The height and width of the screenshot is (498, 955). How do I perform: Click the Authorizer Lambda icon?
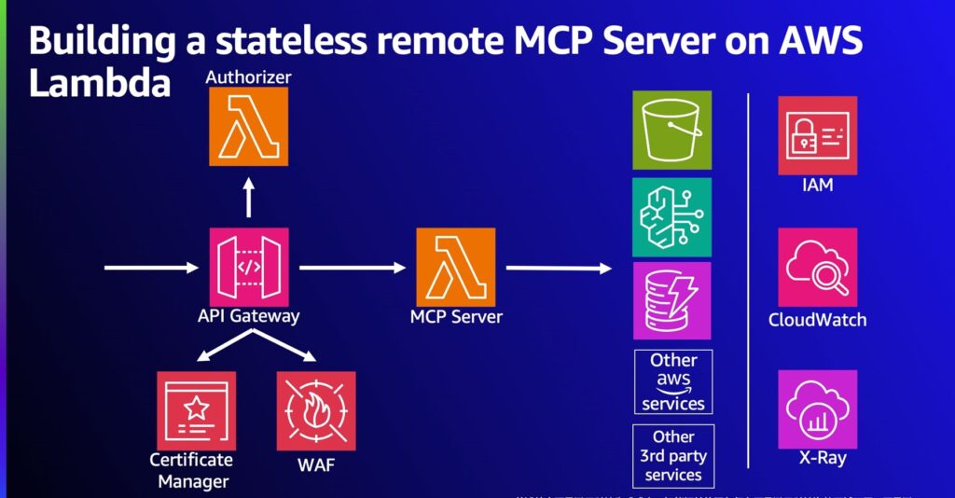tap(248, 127)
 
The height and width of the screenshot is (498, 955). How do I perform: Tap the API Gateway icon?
tap(249, 267)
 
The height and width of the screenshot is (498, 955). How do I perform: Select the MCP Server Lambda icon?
tap(456, 267)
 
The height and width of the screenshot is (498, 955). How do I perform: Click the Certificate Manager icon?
tap(196, 411)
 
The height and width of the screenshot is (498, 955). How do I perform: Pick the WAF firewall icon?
tap(316, 411)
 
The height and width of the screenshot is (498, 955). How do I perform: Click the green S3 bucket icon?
tap(671, 130)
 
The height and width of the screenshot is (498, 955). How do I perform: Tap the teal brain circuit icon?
tap(671, 217)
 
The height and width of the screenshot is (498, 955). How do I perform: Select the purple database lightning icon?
tap(671, 300)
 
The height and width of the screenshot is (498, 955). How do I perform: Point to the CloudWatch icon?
tap(817, 268)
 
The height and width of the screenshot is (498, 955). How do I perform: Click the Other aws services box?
tap(673, 382)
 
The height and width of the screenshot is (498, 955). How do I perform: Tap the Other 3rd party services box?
tap(673, 456)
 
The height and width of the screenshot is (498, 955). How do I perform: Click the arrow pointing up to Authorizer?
tap(248, 198)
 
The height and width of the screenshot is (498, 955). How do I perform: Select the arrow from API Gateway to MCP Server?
tap(353, 268)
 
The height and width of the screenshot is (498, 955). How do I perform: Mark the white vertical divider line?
tap(749, 280)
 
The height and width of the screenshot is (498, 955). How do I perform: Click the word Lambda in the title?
tap(100, 84)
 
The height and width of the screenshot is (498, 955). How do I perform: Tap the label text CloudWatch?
tap(817, 320)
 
